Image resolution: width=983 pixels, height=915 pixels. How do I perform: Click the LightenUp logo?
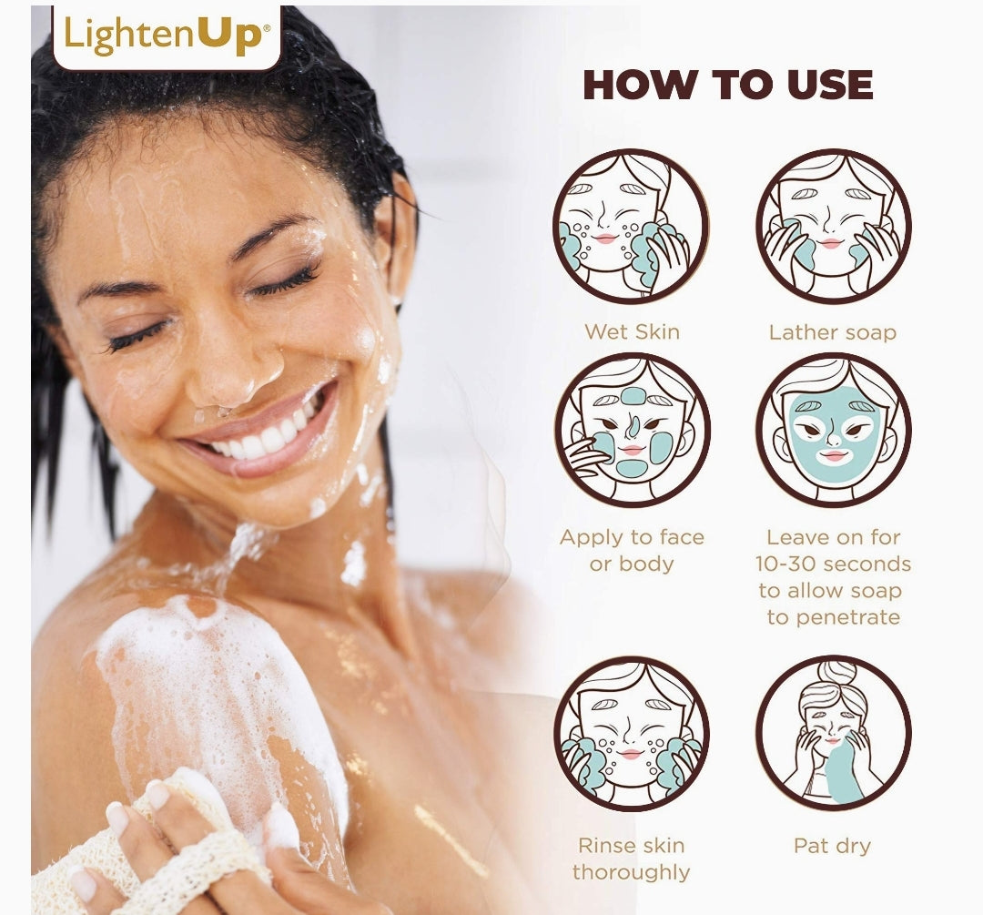pyautogui.click(x=167, y=35)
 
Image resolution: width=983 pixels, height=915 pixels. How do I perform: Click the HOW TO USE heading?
pyautogui.click(x=728, y=85)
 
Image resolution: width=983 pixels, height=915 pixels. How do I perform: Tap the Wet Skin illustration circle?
pyautogui.click(x=632, y=227)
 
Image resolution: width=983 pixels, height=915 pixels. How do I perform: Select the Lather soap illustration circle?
pyautogui.click(x=833, y=227)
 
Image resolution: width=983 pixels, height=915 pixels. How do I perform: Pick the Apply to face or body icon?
pyautogui.click(x=632, y=431)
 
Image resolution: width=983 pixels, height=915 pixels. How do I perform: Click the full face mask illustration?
pyautogui.click(x=833, y=431)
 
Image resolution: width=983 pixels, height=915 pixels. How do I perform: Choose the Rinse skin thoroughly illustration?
pyautogui.click(x=632, y=734)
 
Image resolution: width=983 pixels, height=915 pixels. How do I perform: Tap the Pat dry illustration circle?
pyautogui.click(x=833, y=734)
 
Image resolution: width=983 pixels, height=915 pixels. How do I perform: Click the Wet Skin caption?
pyautogui.click(x=632, y=331)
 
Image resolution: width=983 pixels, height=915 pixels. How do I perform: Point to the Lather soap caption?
pyautogui.click(x=833, y=331)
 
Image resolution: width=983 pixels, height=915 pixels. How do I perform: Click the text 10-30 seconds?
pyautogui.click(x=833, y=564)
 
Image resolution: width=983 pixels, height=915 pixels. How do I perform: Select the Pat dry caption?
pyautogui.click(x=833, y=846)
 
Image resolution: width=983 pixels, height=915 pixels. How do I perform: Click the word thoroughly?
pyautogui.click(x=632, y=872)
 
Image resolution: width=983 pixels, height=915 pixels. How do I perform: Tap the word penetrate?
pyautogui.click(x=833, y=617)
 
